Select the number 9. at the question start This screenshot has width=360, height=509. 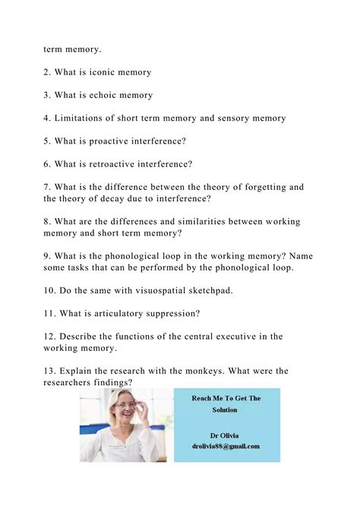[x=49, y=256]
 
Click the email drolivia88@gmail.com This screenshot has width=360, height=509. [x=226, y=447]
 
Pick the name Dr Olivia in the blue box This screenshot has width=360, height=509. [x=226, y=435]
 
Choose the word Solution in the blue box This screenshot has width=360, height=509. [x=225, y=409]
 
